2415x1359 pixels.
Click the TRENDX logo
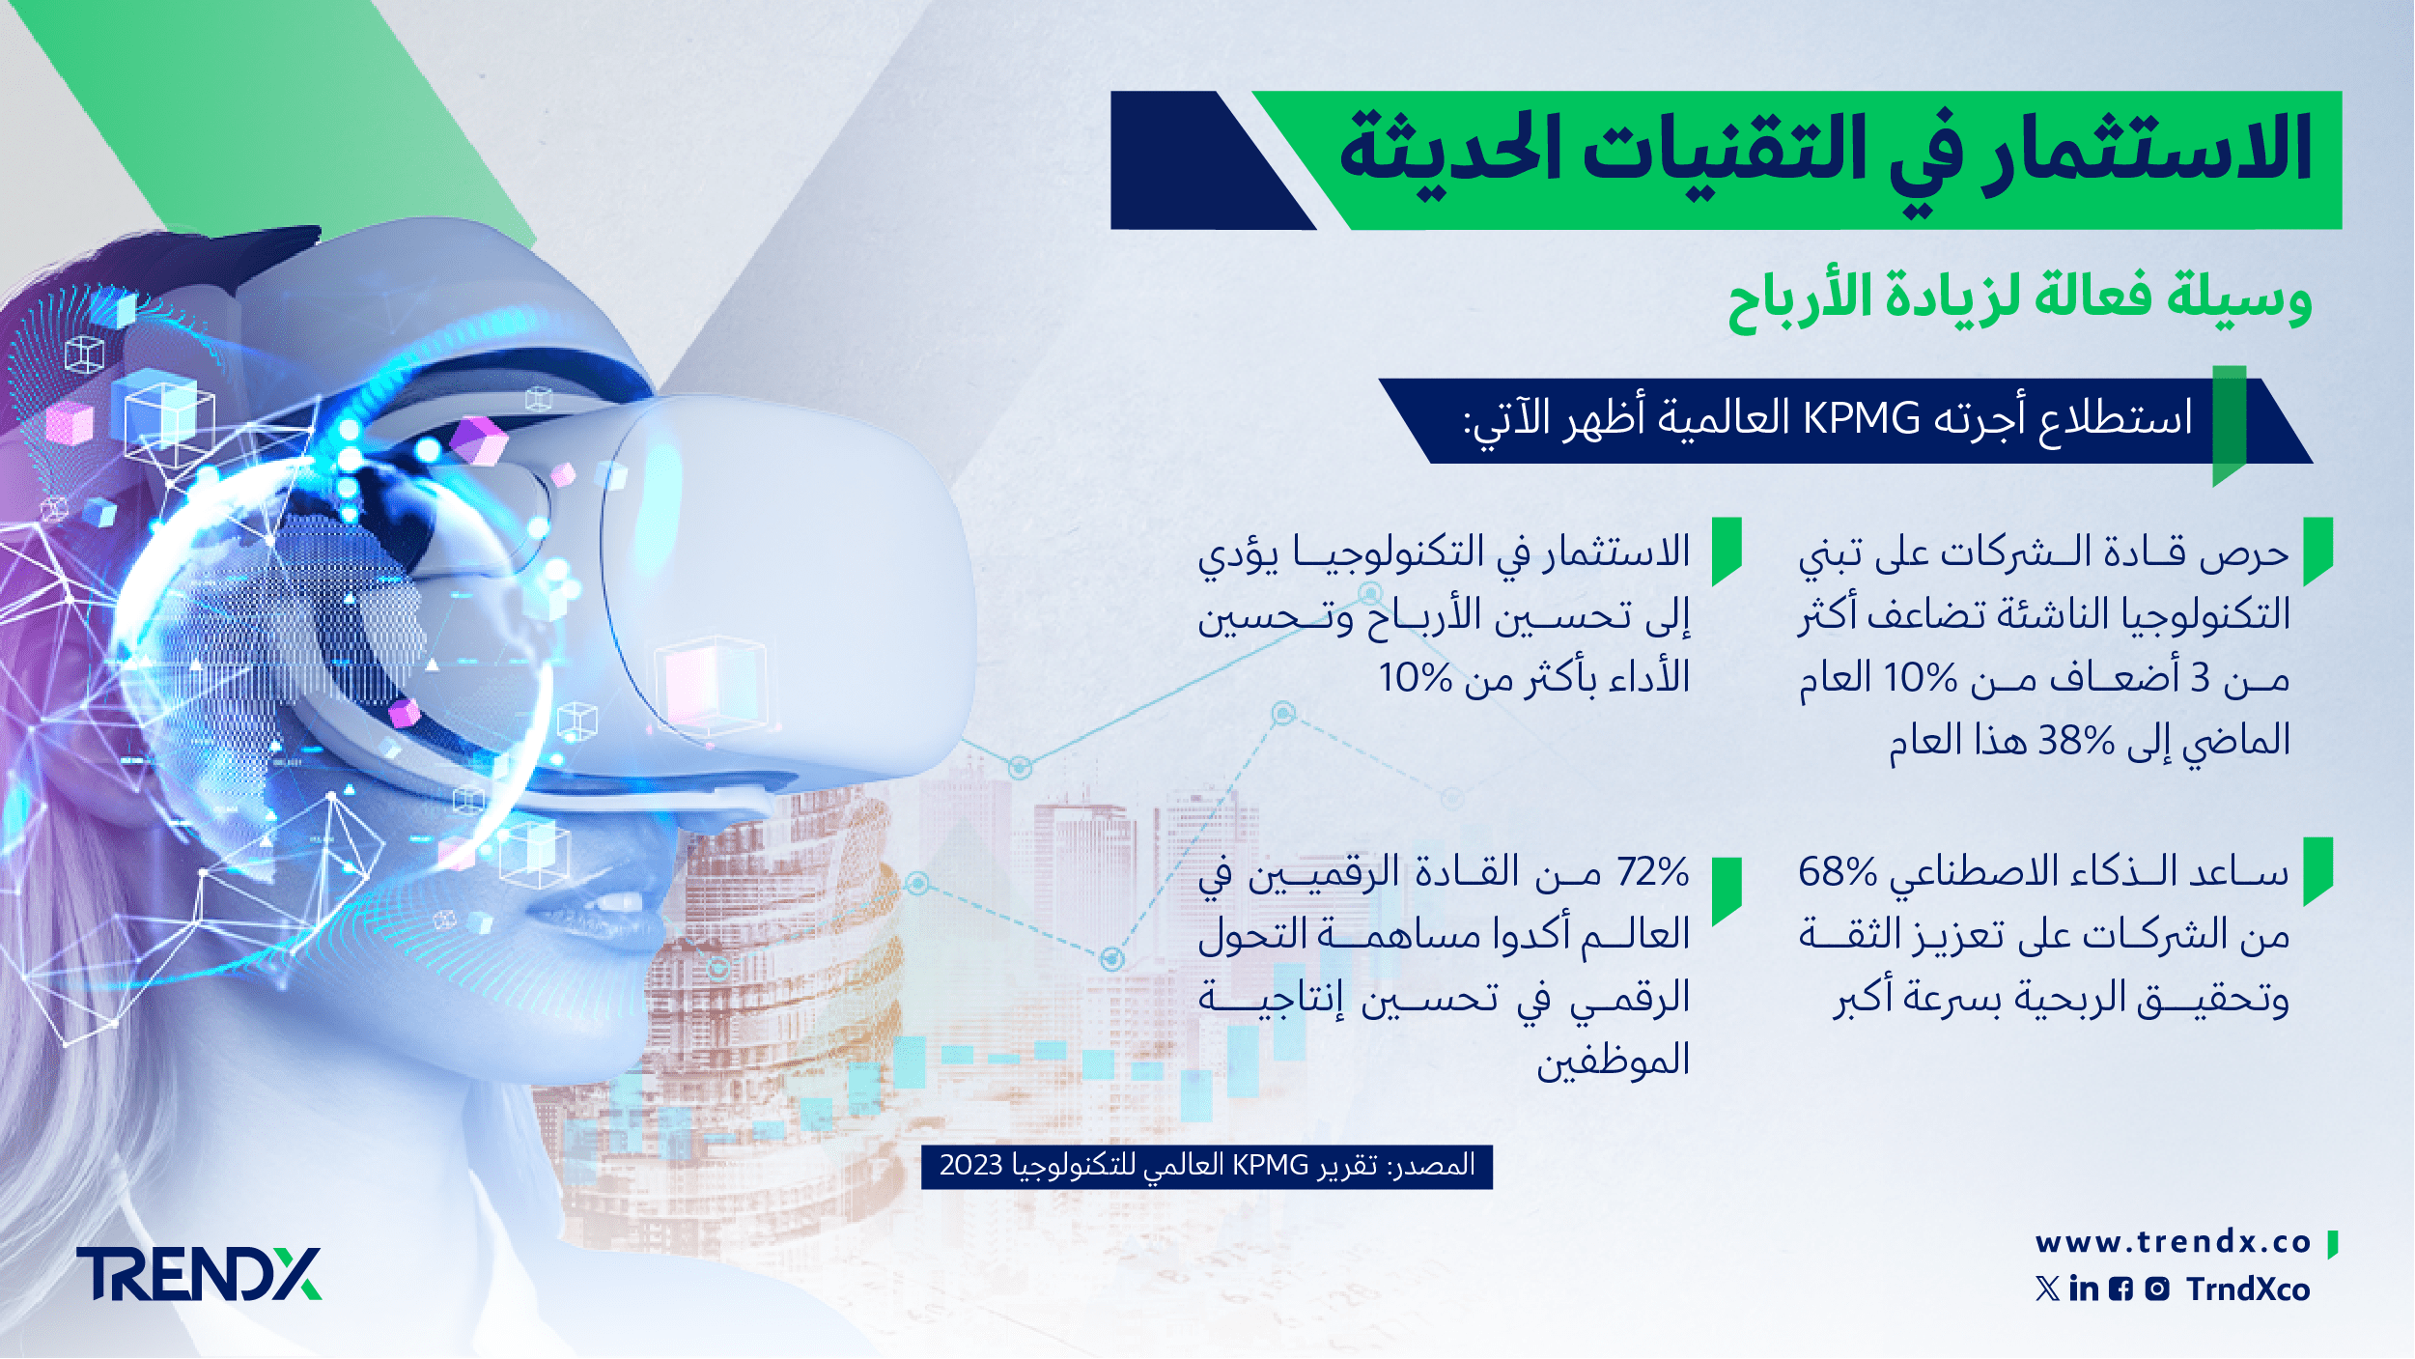[199, 1274]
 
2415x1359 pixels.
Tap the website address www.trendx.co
[2174, 1242]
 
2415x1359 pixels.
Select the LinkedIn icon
[2084, 1288]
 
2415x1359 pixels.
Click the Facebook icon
[2121, 1289]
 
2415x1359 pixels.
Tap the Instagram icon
[2157, 1289]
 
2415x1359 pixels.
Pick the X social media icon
[2047, 1289]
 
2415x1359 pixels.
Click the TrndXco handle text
[2249, 1289]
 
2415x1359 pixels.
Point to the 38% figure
[2076, 741]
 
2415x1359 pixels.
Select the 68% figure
[1838, 872]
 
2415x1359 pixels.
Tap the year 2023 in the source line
[971, 1165]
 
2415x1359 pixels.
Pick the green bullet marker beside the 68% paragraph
[2317, 871]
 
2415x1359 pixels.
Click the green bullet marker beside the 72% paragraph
[1727, 892]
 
